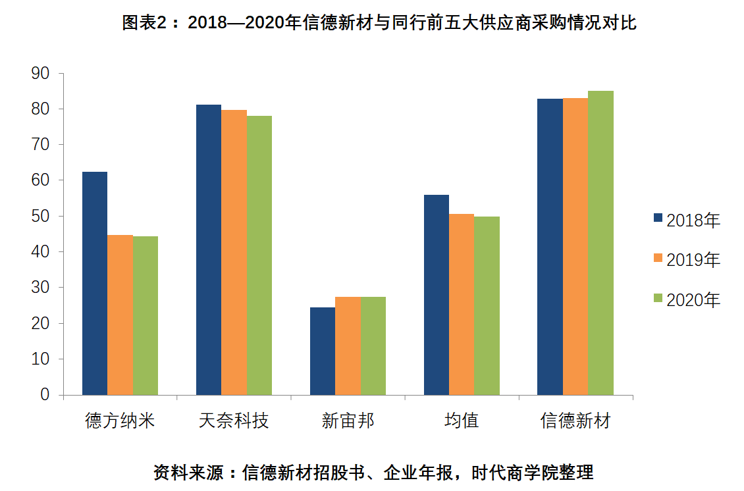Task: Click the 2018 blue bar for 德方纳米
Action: click(94, 283)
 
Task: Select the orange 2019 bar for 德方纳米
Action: click(120, 315)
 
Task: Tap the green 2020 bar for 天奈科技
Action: click(259, 255)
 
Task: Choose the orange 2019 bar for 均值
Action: click(462, 304)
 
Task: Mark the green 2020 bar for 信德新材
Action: click(600, 243)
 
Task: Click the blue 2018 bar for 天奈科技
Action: click(209, 249)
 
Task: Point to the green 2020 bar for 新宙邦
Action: click(373, 346)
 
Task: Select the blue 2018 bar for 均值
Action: click(437, 295)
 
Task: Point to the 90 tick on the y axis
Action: click(40, 73)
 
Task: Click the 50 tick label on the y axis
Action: click(40, 216)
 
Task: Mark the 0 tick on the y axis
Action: click(45, 395)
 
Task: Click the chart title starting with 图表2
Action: click(379, 23)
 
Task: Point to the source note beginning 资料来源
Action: click(373, 472)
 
